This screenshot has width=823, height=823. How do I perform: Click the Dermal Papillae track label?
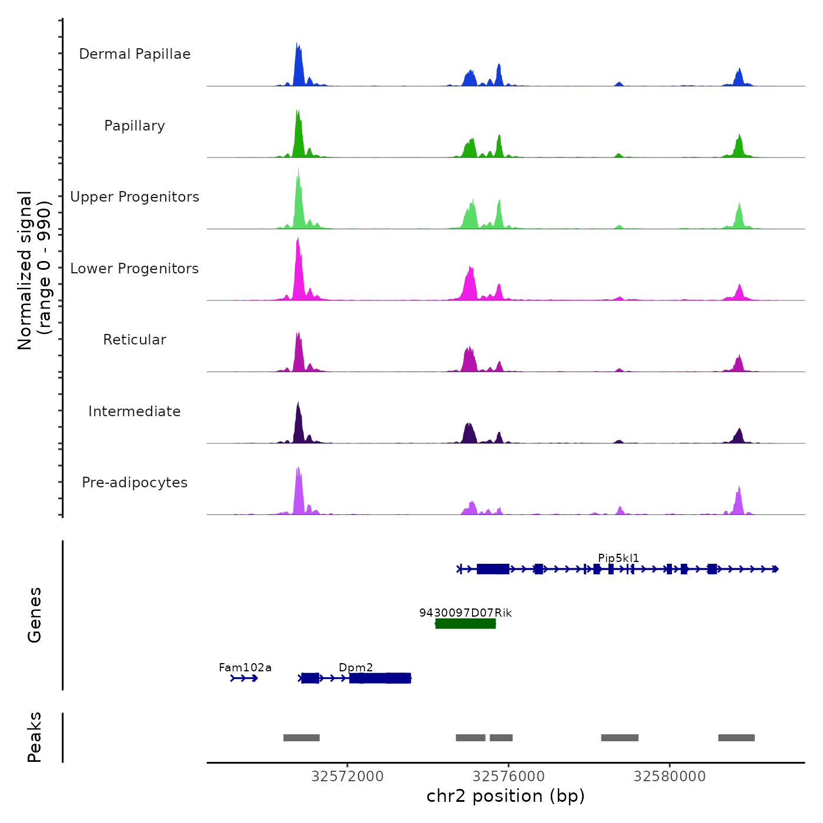point(135,54)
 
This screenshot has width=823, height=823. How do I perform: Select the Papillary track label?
point(135,126)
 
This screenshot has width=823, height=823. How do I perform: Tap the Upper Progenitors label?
point(135,197)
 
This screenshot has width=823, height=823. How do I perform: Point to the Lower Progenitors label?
point(135,269)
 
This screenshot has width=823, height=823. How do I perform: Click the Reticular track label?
point(135,340)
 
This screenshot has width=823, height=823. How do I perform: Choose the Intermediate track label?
point(135,411)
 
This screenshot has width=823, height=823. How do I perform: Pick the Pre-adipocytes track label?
point(135,483)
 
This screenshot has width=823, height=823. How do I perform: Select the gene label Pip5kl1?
point(618,558)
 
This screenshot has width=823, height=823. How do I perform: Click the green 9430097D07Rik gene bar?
point(466,624)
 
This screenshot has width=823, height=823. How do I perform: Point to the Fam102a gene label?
point(245,668)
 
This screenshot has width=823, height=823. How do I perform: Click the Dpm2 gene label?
point(356,668)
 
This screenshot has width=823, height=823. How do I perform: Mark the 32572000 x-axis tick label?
point(347,777)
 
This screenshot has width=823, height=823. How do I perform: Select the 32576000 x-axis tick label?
point(508,777)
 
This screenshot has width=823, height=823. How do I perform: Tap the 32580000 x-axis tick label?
point(670,777)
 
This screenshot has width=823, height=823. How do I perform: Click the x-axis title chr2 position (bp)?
point(506,796)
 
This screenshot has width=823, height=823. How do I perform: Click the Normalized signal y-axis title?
point(34,270)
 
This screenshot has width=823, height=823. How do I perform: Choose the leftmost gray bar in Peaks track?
point(302,738)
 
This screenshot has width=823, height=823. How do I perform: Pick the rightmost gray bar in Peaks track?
point(737,738)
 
